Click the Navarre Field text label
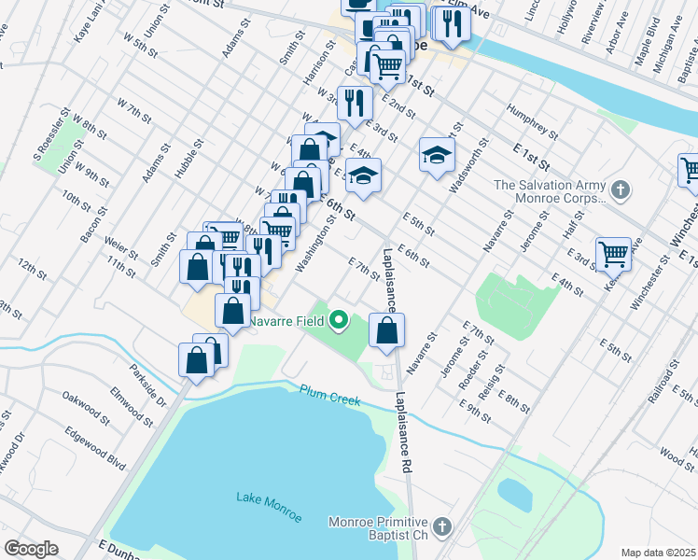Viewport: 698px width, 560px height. coord(286,321)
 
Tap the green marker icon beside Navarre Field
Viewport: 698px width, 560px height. coord(340,322)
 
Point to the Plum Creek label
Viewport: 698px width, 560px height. coord(329,394)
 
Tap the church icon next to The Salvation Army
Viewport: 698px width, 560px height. coord(620,191)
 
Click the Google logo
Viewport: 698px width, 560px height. coord(31,549)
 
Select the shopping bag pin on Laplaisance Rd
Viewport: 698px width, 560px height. coord(387,330)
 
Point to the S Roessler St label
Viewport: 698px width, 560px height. coord(52,133)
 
